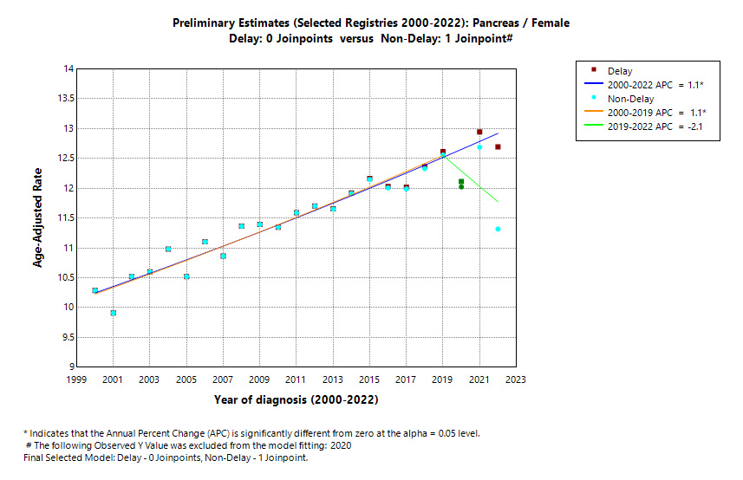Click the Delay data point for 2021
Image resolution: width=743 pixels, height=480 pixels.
pos(479,132)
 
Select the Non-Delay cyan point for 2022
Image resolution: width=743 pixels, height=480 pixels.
pos(498,229)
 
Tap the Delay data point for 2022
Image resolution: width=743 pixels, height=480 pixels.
pos(498,147)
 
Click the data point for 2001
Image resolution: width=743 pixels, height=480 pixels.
pos(114,313)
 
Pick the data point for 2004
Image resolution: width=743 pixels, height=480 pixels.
pos(168,249)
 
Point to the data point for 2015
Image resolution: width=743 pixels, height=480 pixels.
pos(369,178)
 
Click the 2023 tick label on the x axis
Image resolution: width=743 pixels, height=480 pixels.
pos(516,379)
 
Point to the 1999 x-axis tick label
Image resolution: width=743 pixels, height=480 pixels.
pos(77,379)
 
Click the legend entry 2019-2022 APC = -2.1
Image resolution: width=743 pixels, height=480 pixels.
pos(655,127)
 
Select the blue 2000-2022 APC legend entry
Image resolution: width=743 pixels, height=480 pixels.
pos(655,85)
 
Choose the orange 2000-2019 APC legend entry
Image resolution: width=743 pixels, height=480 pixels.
pos(655,114)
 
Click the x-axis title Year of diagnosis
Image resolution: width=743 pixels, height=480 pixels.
pos(296,400)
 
